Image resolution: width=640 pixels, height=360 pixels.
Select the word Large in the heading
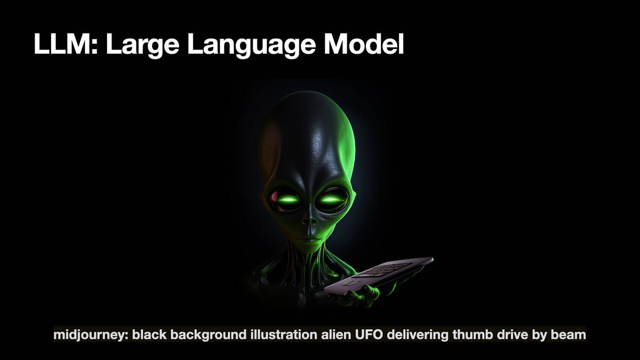click(x=142, y=46)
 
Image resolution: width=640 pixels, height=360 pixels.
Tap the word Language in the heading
click(x=251, y=46)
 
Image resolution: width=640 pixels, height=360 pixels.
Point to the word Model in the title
click(x=364, y=44)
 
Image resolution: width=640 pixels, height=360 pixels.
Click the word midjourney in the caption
click(x=91, y=334)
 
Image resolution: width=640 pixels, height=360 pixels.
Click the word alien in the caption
click(x=337, y=334)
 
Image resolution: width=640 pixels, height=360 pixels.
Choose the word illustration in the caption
click(x=284, y=334)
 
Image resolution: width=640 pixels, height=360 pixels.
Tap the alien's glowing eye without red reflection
click(x=332, y=199)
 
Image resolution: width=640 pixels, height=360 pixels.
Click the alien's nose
click(x=309, y=222)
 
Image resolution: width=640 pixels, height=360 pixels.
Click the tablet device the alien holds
click(x=379, y=276)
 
